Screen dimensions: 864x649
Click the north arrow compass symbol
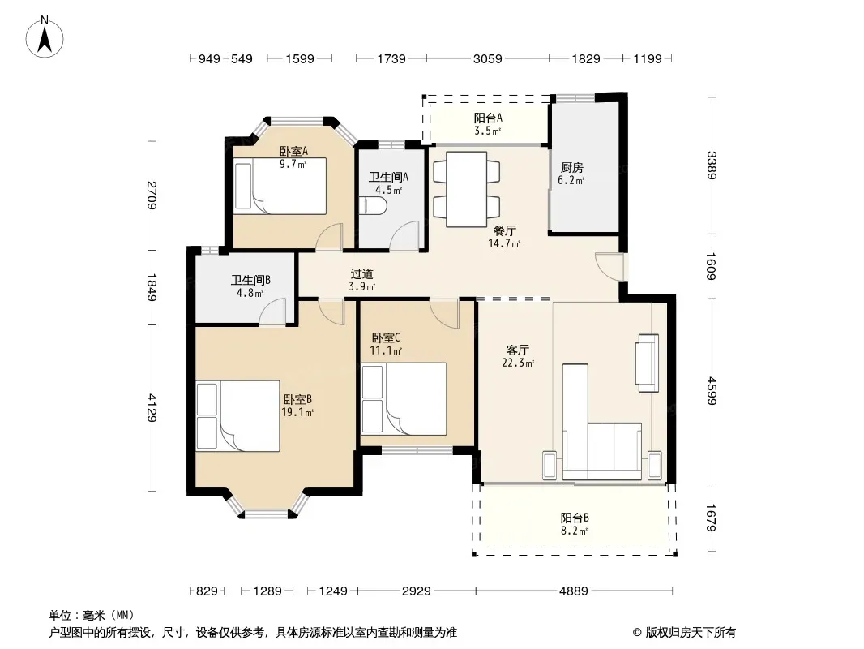[45, 37]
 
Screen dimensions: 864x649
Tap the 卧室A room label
[293, 151]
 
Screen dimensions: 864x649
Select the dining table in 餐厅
[466, 189]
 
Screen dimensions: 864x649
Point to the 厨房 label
[572, 167]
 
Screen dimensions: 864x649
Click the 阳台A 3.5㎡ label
[488, 124]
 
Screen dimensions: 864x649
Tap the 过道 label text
[362, 274]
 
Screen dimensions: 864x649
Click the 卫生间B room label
[250, 280]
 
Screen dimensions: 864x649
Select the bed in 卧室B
[237, 415]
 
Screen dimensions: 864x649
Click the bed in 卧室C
[404, 398]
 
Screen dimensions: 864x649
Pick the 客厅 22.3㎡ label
[518, 356]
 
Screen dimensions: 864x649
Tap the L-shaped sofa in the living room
[601, 422]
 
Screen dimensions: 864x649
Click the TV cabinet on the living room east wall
[648, 363]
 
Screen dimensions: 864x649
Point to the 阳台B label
[575, 518]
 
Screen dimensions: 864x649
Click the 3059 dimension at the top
[488, 58]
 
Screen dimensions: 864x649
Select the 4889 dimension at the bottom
[574, 591]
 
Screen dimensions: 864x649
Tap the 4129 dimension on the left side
[151, 407]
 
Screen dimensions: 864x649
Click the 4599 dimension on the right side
[712, 390]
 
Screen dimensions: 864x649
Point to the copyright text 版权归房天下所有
[691, 633]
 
